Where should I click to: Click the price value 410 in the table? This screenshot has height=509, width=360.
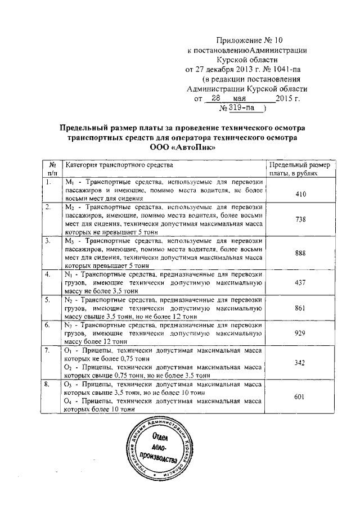coord(300,193)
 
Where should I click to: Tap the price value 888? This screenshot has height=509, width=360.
coord(300,253)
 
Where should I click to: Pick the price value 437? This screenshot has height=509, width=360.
coord(300,282)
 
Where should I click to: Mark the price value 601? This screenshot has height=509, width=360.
coord(300,397)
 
